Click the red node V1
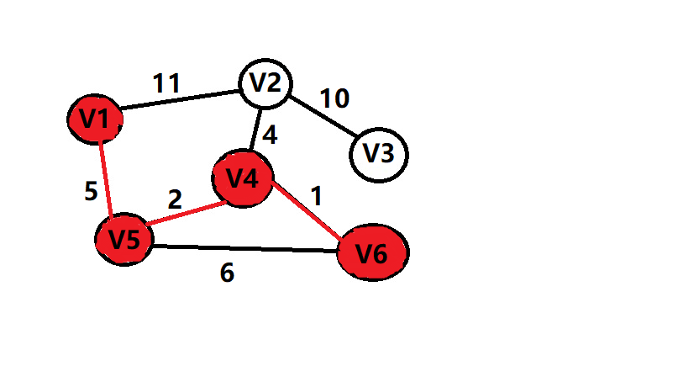tap(96, 119)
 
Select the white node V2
tap(265, 84)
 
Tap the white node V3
tap(378, 154)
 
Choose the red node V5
tap(124, 239)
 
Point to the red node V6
tap(372, 252)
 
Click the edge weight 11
tap(166, 83)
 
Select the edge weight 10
tap(334, 98)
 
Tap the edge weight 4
tap(269, 135)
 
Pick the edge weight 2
tap(174, 199)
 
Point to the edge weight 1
tap(316, 197)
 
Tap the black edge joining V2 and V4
tap(255, 130)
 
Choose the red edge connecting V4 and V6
tap(307, 214)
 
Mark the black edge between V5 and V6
tap(244, 248)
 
